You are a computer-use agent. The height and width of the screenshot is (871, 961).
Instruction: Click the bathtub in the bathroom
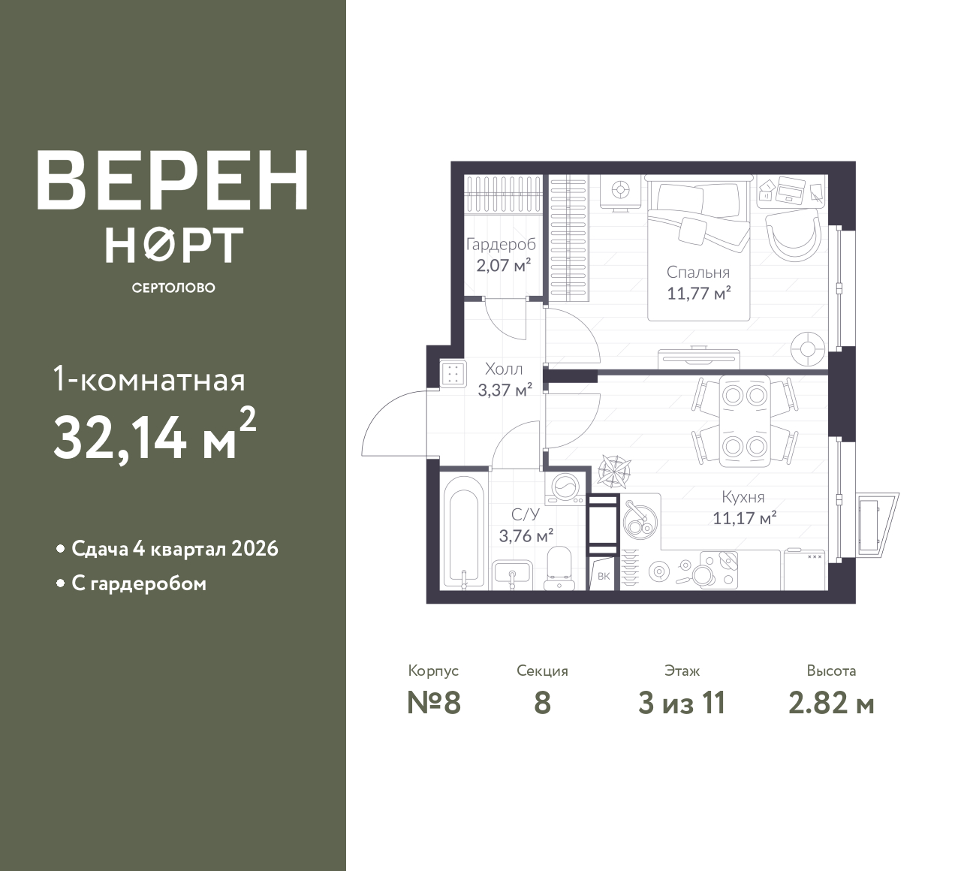461,532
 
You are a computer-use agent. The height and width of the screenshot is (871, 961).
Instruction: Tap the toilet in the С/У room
559,568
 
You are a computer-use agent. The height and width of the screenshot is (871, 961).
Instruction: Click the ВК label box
604,576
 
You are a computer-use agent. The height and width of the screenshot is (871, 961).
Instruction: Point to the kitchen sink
640,517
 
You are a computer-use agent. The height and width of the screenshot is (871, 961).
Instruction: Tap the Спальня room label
698,272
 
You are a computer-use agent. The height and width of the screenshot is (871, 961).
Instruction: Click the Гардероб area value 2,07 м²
504,265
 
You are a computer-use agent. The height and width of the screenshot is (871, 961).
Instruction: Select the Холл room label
504,369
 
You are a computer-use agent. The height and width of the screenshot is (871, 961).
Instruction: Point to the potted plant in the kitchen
615,472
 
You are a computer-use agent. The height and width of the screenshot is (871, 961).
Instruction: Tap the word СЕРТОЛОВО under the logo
173,288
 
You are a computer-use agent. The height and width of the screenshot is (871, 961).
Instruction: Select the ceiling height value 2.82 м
832,704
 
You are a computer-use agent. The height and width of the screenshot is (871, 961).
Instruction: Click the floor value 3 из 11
682,704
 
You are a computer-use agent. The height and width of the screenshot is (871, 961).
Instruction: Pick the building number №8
434,704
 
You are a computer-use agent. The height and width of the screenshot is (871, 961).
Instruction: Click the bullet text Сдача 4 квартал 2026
175,549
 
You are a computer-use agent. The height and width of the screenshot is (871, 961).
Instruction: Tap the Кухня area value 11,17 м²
745,518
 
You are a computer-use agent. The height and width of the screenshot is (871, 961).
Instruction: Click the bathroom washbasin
512,574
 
